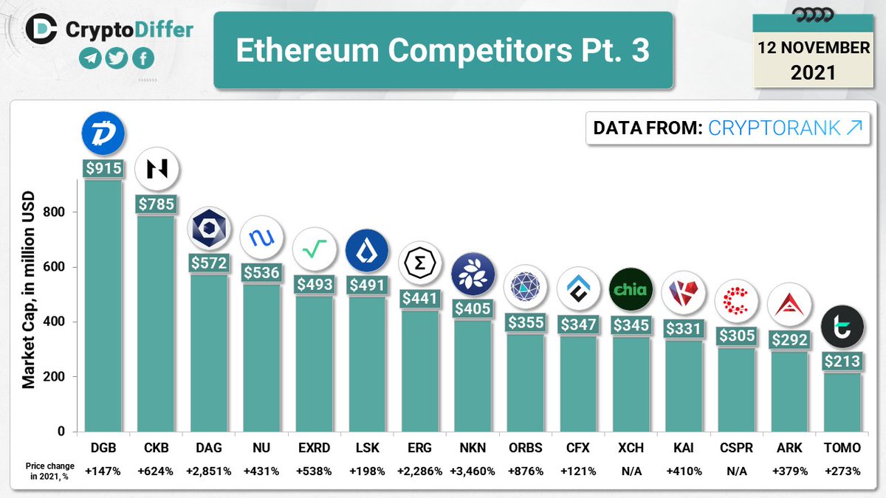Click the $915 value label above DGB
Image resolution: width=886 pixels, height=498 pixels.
(103, 168)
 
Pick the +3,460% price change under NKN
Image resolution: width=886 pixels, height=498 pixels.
(472, 471)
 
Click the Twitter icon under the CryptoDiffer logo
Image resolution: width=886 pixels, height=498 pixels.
(117, 59)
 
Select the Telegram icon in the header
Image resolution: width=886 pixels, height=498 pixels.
(91, 59)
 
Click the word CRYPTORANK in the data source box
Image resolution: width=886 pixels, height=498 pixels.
(774, 128)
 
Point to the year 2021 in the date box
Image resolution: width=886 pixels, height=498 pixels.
(813, 72)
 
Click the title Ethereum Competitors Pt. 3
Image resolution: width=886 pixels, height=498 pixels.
(443, 51)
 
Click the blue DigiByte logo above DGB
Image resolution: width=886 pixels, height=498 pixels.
(103, 133)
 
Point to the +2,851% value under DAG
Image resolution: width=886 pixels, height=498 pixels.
(209, 471)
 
